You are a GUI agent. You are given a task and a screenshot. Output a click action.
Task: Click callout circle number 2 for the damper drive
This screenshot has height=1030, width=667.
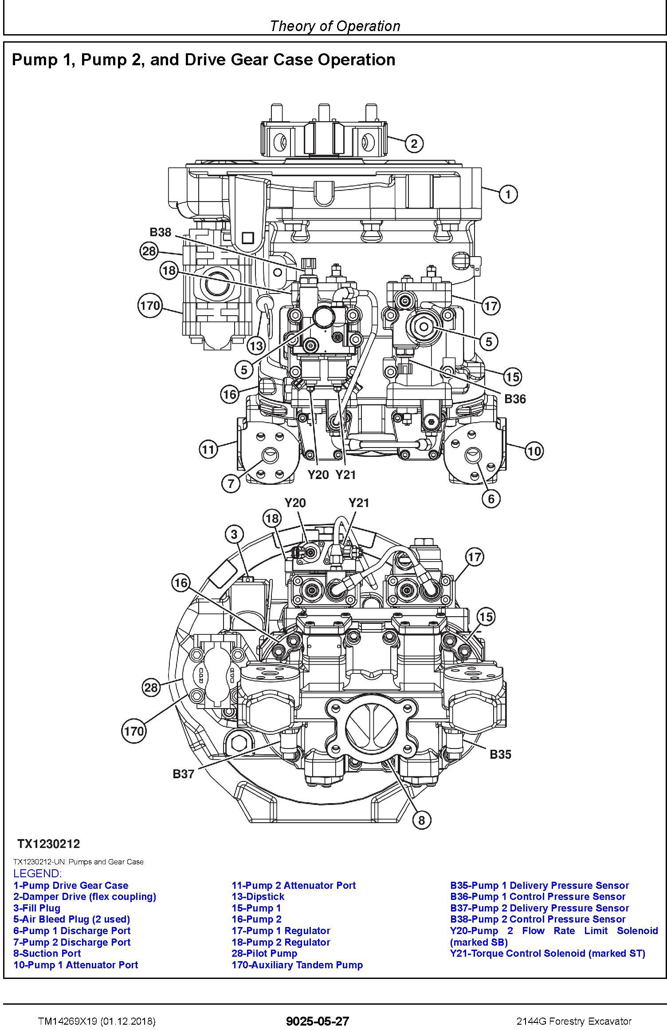414,143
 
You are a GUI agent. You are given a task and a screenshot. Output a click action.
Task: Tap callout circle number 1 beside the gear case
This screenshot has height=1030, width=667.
508,194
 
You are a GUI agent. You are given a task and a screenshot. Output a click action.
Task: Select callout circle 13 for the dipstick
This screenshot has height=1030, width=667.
256,345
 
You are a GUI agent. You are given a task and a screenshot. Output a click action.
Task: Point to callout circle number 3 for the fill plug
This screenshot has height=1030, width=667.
235,535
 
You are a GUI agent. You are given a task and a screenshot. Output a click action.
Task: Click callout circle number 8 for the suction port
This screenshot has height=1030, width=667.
421,820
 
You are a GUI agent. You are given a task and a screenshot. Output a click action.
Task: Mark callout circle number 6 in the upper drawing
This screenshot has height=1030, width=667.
491,499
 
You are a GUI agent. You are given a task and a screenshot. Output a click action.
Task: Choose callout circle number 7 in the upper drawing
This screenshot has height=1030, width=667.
231,483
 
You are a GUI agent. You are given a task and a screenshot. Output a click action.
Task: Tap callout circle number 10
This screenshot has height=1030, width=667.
534,452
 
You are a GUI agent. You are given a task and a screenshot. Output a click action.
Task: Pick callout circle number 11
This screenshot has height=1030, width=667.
208,450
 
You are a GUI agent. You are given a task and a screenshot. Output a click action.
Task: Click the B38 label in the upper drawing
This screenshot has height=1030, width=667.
160,232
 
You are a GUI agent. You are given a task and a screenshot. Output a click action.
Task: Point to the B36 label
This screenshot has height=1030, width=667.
515,399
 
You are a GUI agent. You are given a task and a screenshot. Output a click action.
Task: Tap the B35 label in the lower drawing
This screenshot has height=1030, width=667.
500,754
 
